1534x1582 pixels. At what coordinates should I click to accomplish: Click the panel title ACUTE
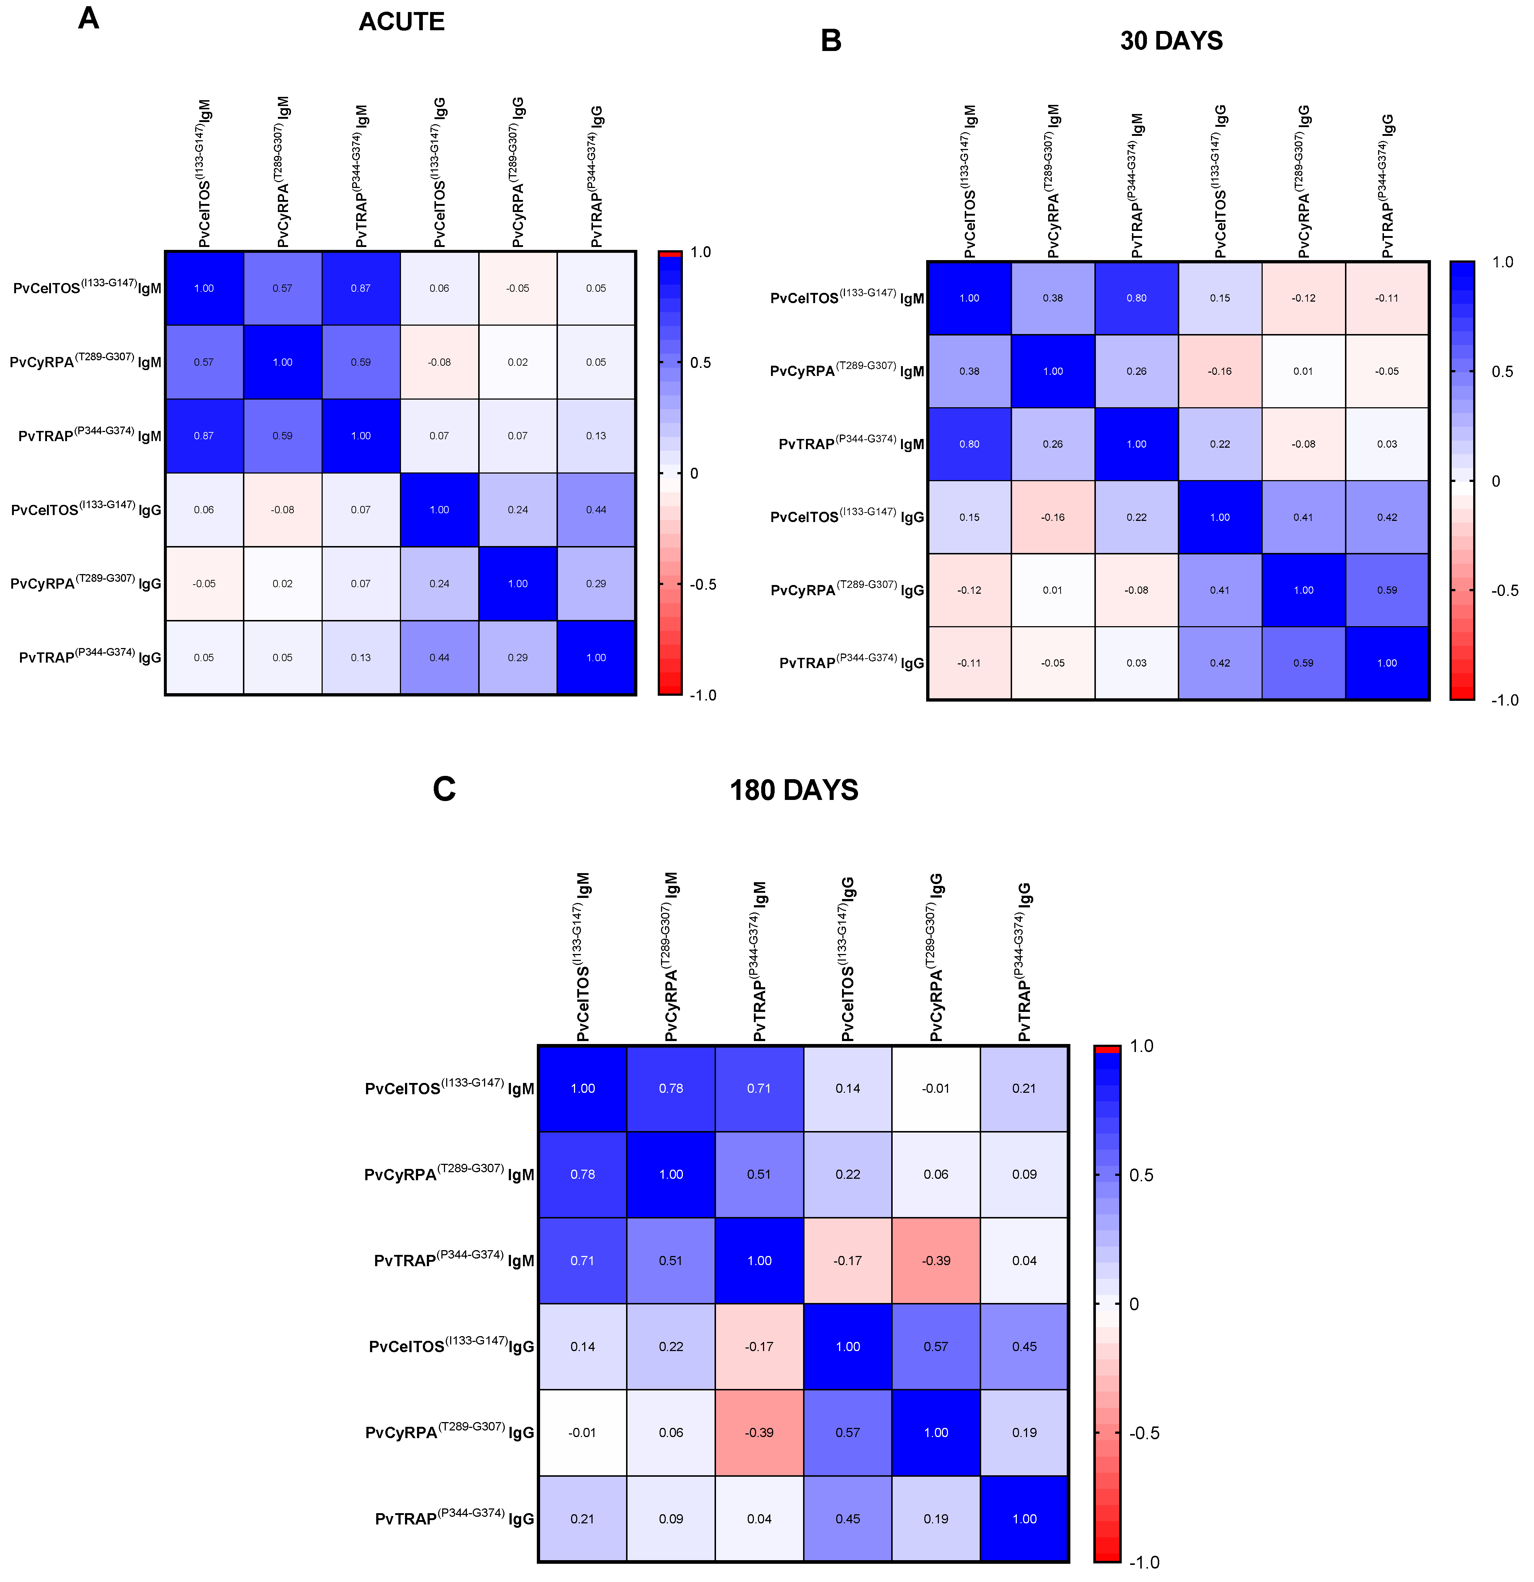click(x=401, y=22)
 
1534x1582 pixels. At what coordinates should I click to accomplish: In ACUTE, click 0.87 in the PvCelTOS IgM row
click(x=361, y=288)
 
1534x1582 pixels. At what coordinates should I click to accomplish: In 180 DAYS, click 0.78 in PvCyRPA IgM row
click(x=583, y=1174)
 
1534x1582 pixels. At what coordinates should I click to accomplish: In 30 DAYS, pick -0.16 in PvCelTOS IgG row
click(x=1053, y=517)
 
